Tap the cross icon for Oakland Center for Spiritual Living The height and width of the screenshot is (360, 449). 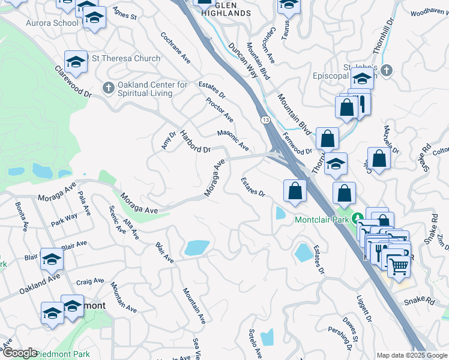coord(108,88)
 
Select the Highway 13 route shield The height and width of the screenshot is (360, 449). coord(265,121)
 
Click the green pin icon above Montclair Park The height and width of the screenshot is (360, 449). coord(358,218)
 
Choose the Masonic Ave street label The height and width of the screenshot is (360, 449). coord(233,141)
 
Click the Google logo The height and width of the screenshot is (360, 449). coord(19,353)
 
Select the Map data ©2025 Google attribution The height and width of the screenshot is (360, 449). coord(411,355)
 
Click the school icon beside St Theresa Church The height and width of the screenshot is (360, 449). coord(76,61)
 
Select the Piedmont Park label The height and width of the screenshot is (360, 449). coord(63,354)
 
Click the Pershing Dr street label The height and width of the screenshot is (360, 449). coord(340,339)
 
